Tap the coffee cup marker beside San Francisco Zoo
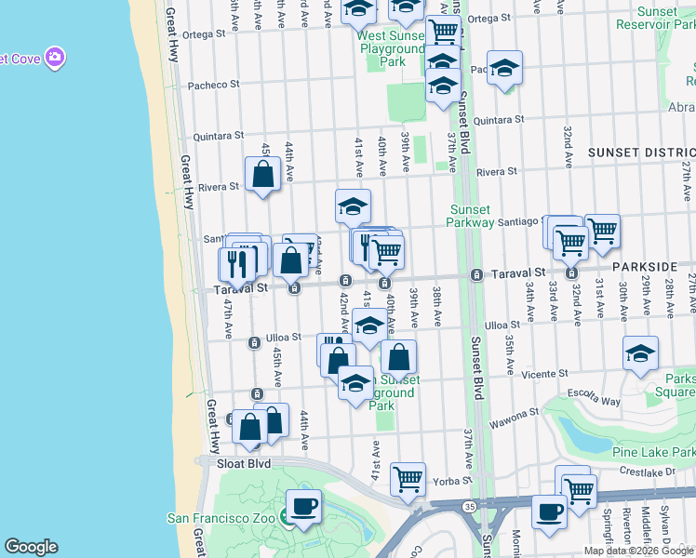303,508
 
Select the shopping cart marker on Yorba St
408,480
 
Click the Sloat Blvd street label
243,462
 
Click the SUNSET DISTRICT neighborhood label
641,152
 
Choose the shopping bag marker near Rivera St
263,174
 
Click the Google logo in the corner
31,547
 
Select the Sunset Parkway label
482,216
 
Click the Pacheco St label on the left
215,84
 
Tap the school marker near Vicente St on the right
640,354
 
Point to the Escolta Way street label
596,402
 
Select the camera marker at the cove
55,58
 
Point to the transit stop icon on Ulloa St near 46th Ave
253,343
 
